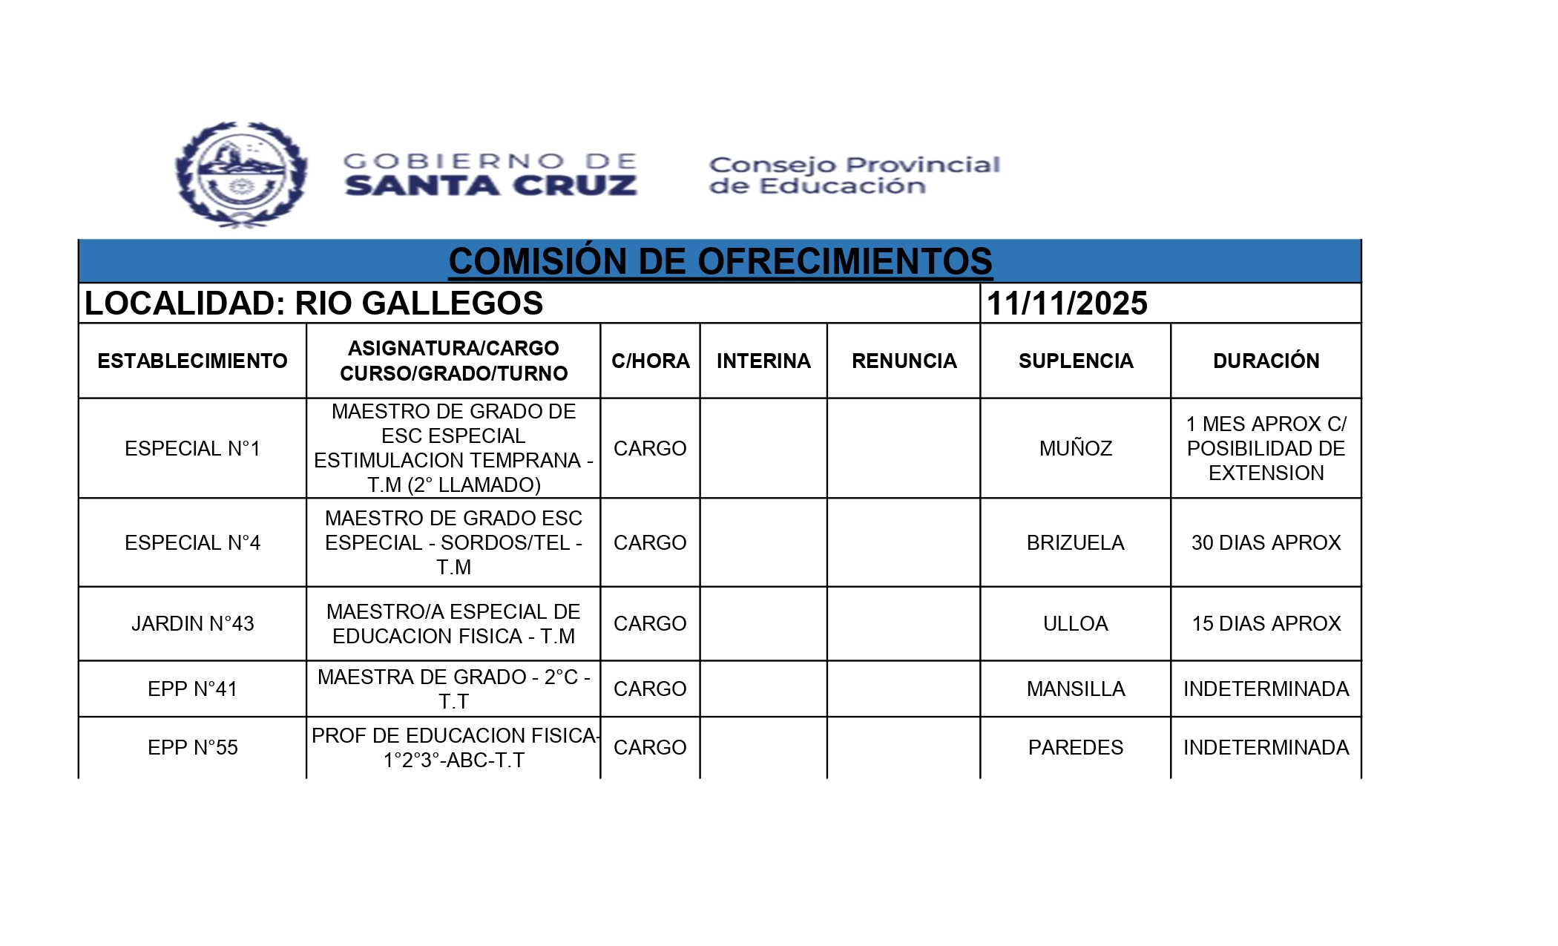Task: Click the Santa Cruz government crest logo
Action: (241, 174)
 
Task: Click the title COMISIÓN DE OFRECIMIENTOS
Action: (720, 261)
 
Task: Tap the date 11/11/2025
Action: (1067, 303)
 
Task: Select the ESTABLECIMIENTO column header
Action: (192, 361)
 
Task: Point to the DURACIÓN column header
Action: (1266, 361)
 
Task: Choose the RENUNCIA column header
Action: (904, 361)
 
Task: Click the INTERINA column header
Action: (763, 361)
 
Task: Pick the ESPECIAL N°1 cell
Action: (192, 449)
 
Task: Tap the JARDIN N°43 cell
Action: (192, 624)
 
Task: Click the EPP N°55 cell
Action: (192, 748)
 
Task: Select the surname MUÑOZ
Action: (1075, 449)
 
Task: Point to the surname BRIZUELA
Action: (1075, 543)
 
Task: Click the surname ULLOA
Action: (1075, 624)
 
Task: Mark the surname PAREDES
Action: (1075, 748)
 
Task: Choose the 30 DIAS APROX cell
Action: (1266, 543)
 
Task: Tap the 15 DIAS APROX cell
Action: (1266, 624)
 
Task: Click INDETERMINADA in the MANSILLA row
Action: (1266, 689)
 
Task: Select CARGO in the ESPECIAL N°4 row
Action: (650, 543)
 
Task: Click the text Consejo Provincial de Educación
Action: (854, 175)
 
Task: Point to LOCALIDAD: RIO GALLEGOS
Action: (314, 303)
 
